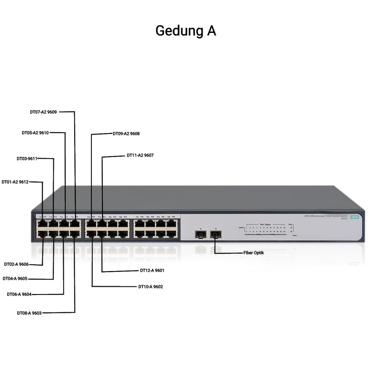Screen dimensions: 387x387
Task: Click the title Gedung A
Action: [x=186, y=31]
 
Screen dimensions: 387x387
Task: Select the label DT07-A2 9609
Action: [x=43, y=112]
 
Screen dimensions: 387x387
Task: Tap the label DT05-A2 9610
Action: [x=35, y=133]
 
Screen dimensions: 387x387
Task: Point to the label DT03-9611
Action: [x=27, y=159]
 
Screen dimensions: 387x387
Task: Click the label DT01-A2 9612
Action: [x=15, y=182]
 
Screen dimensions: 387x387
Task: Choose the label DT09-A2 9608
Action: [x=126, y=133]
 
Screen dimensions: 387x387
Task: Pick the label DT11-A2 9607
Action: [x=140, y=155]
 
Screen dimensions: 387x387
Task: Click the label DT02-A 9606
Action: [x=17, y=264]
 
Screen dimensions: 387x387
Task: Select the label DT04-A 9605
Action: [x=15, y=279]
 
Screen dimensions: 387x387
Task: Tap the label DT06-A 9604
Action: [x=19, y=294]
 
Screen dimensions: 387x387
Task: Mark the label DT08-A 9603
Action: [x=29, y=313]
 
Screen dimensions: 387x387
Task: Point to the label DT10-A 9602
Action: [x=150, y=287]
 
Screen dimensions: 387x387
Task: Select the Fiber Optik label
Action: [x=254, y=252]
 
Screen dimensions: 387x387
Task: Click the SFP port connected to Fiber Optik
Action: [x=215, y=235]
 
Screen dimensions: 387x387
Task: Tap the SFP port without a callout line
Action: [x=201, y=235]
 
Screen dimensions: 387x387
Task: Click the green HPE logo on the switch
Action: [x=354, y=217]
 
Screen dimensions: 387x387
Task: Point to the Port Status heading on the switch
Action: [x=265, y=224]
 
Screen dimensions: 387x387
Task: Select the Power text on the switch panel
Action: [x=295, y=235]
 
